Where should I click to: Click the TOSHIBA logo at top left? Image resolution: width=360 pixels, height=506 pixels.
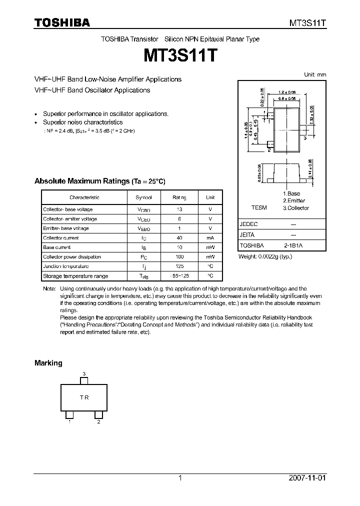[x=62, y=22]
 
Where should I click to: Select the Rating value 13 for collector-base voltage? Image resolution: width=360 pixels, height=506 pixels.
[x=179, y=210]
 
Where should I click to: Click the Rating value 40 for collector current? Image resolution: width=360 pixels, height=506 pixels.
[x=179, y=238]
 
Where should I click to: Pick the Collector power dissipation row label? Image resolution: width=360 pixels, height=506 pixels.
[x=72, y=257]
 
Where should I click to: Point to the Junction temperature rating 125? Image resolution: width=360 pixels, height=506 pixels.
[x=179, y=266]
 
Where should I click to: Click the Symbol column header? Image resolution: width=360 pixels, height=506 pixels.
[x=144, y=197]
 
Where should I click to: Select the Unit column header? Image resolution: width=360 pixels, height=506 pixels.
[x=210, y=197]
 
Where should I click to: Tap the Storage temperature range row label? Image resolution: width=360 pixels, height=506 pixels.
[x=75, y=276]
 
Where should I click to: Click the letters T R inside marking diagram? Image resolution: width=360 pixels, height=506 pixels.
[x=84, y=397]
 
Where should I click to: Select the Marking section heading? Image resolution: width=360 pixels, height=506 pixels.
[x=48, y=363]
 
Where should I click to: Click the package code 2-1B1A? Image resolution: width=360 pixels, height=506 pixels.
[x=293, y=246]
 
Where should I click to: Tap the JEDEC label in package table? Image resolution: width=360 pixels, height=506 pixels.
[x=248, y=225]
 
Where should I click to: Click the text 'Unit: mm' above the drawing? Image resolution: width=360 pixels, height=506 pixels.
[x=315, y=74]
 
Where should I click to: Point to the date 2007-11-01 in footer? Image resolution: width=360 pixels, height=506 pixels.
[x=307, y=478]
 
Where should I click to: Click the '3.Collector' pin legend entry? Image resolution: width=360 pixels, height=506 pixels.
[x=295, y=208]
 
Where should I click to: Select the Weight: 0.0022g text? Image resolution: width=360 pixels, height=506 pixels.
[x=265, y=256]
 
